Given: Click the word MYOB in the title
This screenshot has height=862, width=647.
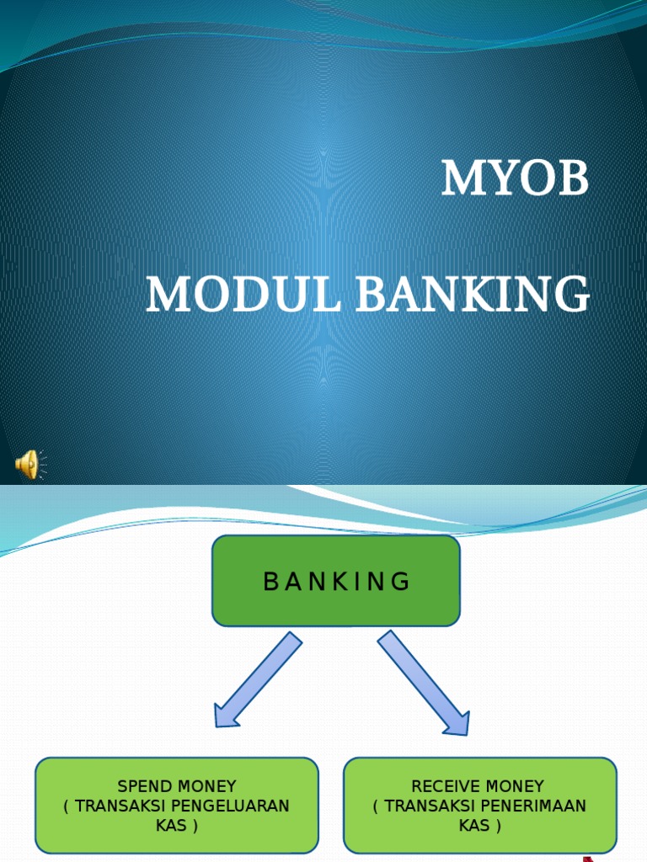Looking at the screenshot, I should click(x=515, y=179).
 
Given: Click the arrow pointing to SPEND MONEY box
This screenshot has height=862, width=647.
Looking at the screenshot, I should click(x=256, y=680).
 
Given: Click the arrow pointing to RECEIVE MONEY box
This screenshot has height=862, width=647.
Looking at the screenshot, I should click(x=424, y=683).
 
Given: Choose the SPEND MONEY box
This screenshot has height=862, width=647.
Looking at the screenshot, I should click(x=177, y=806).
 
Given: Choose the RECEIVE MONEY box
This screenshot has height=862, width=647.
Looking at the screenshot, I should click(x=479, y=806).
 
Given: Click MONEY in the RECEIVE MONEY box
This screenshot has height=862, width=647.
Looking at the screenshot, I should click(x=515, y=787).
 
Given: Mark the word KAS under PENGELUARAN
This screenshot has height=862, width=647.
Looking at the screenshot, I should click(x=170, y=826).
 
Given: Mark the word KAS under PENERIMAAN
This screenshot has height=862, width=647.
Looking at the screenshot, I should click(x=473, y=826).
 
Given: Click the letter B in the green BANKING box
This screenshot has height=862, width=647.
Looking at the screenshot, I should click(x=270, y=582).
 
